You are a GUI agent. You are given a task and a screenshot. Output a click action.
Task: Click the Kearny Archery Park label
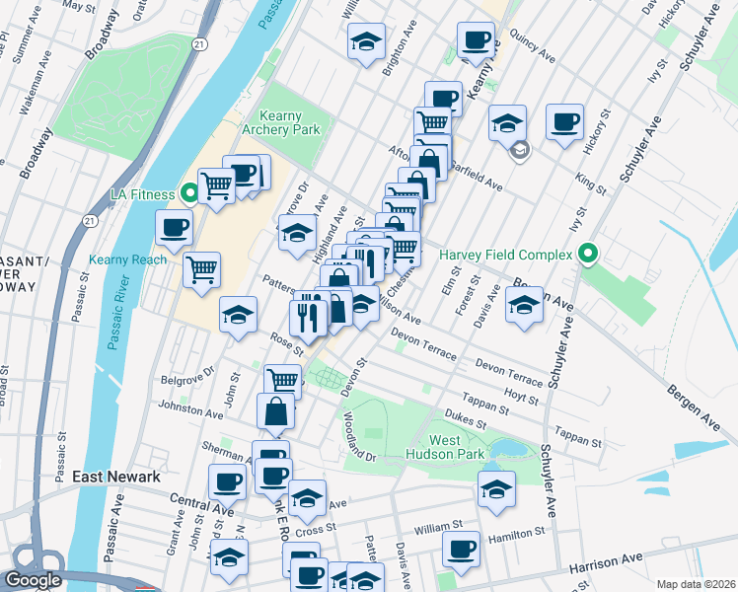(289, 122)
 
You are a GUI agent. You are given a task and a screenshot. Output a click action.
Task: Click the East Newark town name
(116, 477)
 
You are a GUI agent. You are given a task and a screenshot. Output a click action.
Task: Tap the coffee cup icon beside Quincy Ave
(476, 40)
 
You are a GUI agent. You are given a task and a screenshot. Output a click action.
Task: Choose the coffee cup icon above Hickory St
(564, 122)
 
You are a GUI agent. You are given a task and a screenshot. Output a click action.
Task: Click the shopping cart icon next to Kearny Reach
(202, 269)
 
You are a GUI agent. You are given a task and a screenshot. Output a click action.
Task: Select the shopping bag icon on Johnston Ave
(276, 412)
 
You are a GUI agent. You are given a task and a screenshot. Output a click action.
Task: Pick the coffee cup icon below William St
(460, 550)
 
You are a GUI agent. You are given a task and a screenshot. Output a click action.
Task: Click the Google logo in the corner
(33, 580)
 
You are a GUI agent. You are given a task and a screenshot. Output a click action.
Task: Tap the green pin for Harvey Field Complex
(589, 255)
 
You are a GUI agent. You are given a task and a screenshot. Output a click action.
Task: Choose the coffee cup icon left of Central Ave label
(227, 482)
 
